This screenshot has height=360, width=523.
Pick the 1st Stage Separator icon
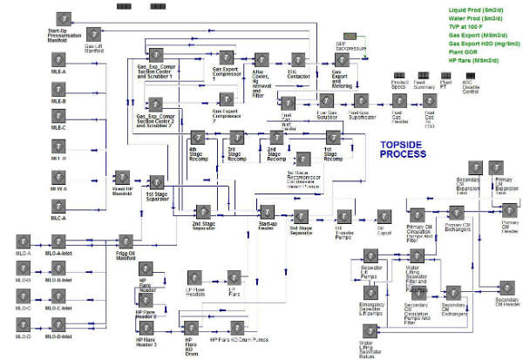click(x=157, y=182)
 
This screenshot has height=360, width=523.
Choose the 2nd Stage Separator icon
click(x=201, y=212)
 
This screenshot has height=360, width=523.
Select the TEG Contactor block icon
click(x=295, y=60)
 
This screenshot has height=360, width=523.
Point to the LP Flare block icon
click(x=233, y=278)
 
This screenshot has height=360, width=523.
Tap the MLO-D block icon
click(x=24, y=326)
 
